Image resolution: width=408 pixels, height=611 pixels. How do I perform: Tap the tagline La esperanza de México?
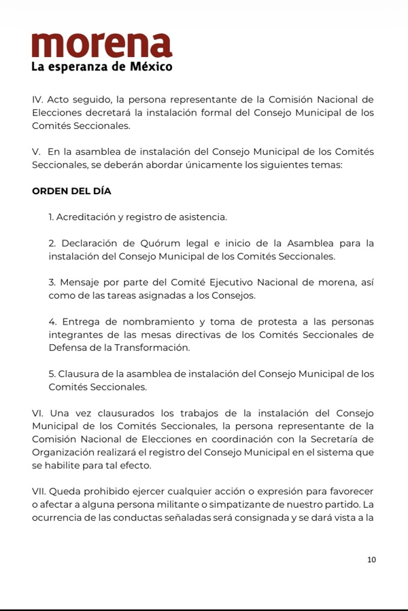click(101, 67)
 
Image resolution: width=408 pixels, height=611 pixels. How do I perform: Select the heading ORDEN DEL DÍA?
click(71, 191)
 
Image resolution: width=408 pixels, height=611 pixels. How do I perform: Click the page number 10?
click(371, 560)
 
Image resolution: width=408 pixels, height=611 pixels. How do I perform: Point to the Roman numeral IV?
click(37, 100)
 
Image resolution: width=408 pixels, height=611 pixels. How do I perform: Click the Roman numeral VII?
click(41, 491)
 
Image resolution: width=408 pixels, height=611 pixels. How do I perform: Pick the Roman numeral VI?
click(38, 413)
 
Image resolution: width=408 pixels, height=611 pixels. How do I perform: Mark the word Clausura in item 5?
click(82, 373)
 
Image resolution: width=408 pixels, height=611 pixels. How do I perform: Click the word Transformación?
click(149, 348)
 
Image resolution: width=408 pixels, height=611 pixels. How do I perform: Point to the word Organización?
click(63, 452)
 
